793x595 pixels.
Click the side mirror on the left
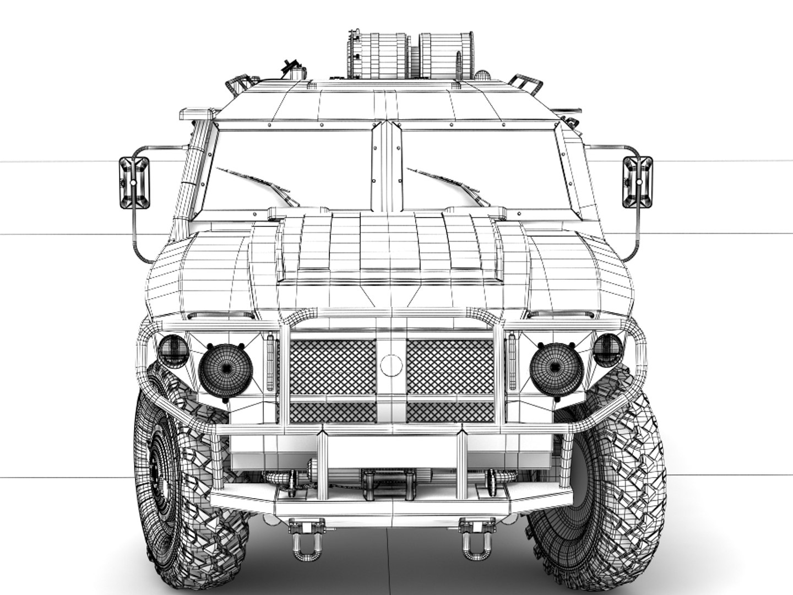pos(134,183)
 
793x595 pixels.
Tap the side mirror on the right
pos(637,182)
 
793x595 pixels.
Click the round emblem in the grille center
pos(391,364)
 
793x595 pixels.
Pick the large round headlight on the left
pos(226,367)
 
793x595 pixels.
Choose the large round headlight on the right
pos(556,367)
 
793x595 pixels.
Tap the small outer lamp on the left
pos(172,350)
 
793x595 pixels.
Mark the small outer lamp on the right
pos(608,350)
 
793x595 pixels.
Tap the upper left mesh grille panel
pos(333,367)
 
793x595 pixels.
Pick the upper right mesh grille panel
pos(450,367)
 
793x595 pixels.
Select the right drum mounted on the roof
pos(446,53)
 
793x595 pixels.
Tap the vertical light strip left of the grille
pos(270,364)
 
